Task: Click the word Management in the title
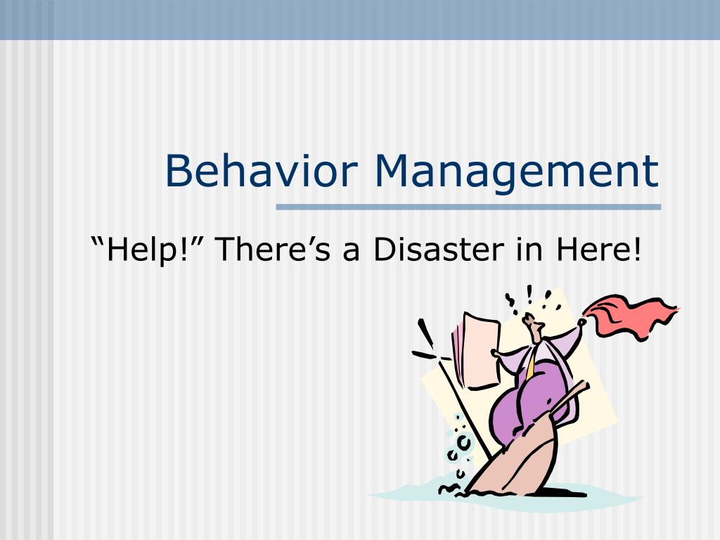click(x=517, y=172)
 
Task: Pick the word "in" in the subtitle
click(x=536, y=250)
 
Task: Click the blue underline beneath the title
click(x=468, y=207)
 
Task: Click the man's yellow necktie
click(x=532, y=366)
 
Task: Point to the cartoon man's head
click(x=534, y=326)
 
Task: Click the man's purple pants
click(x=527, y=408)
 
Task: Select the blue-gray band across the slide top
click(x=360, y=19)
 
